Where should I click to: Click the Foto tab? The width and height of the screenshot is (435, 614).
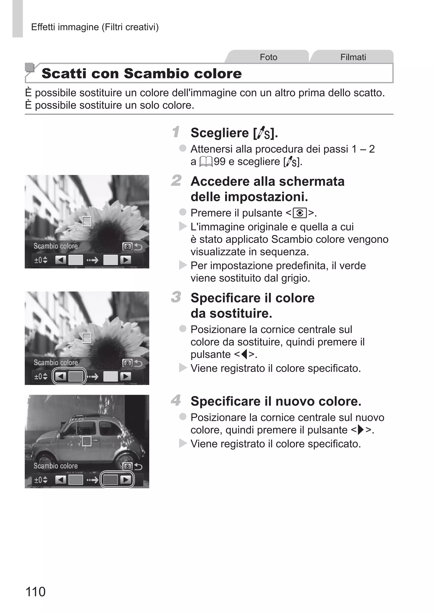tap(268, 57)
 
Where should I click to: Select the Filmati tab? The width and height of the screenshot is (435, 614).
tap(353, 57)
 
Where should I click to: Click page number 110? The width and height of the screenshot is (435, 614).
tap(35, 591)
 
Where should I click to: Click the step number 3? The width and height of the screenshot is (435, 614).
tap(176, 297)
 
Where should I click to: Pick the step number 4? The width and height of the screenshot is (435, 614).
tap(176, 400)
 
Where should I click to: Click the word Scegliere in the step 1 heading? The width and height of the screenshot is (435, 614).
tap(220, 133)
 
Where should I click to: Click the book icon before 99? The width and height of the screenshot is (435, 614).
tap(206, 162)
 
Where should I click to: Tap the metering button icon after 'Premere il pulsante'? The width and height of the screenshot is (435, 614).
tap(300, 213)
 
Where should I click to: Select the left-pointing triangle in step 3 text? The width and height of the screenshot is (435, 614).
tap(244, 355)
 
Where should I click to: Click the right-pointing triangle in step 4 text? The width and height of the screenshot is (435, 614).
tap(361, 430)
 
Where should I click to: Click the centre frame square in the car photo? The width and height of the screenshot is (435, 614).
tap(86, 441)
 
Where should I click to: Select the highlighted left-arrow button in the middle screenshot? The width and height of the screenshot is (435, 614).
tap(61, 376)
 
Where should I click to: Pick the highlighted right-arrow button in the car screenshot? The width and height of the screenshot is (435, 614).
tap(126, 480)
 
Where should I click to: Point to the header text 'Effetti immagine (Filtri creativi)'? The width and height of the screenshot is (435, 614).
tap(95, 27)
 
